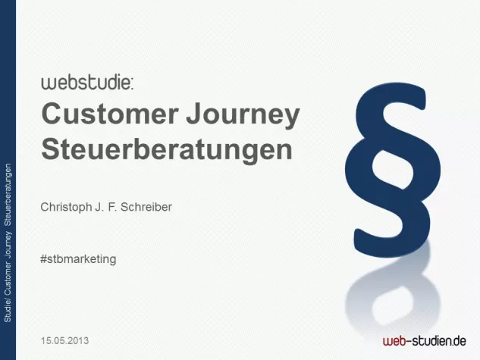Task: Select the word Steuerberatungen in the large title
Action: click(166, 148)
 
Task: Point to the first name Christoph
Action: click(70, 205)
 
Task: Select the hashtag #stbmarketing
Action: click(78, 258)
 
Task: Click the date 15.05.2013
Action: click(65, 340)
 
